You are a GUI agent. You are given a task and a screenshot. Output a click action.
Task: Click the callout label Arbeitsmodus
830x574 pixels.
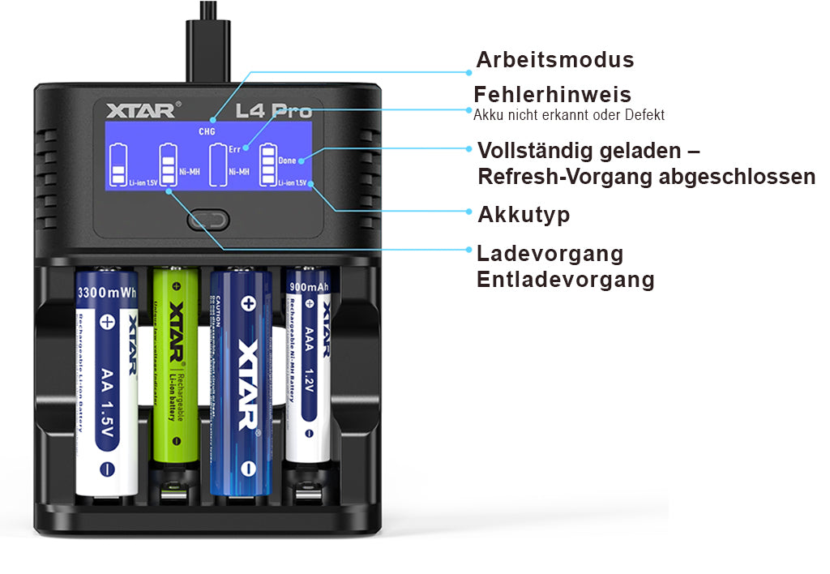pyautogui.click(x=554, y=60)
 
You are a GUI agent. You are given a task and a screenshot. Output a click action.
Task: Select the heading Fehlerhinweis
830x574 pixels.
pyautogui.click(x=552, y=94)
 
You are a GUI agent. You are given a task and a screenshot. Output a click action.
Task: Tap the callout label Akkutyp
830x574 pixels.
pyautogui.click(x=524, y=215)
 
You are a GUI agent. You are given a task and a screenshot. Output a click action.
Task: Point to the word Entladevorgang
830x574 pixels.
pyautogui.click(x=565, y=281)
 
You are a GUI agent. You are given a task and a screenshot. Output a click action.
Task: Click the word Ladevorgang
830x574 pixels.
pyautogui.click(x=550, y=254)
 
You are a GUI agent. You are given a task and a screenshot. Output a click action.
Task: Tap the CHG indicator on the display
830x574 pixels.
pyautogui.click(x=207, y=131)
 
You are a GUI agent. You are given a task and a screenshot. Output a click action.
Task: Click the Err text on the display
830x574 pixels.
pyautogui.click(x=234, y=149)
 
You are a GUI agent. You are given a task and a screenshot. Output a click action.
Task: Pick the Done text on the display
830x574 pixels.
pyautogui.click(x=287, y=161)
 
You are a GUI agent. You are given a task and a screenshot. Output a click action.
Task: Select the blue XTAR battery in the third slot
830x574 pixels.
pyautogui.click(x=240, y=381)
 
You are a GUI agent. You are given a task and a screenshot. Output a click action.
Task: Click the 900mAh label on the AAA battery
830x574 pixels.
pyautogui.click(x=308, y=285)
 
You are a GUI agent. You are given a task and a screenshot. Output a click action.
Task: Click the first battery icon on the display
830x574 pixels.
pyautogui.click(x=119, y=165)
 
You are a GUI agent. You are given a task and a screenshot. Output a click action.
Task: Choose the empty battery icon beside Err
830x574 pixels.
pyautogui.click(x=217, y=165)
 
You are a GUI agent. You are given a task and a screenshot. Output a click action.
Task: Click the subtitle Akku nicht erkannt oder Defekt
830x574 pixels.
pyautogui.click(x=569, y=115)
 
